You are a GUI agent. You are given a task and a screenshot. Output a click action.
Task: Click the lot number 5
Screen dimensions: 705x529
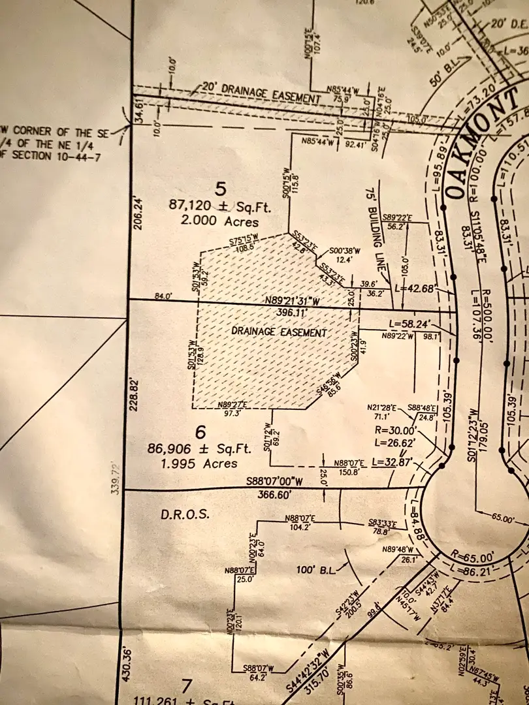[221, 189]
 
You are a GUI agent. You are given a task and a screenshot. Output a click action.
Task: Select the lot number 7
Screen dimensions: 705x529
[187, 686]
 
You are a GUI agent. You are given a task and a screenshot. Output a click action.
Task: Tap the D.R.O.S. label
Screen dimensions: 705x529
[185, 514]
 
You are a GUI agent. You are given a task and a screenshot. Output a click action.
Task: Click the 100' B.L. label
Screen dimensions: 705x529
[317, 570]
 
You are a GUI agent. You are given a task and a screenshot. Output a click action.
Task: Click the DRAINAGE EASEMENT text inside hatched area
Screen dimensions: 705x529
[279, 332]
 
